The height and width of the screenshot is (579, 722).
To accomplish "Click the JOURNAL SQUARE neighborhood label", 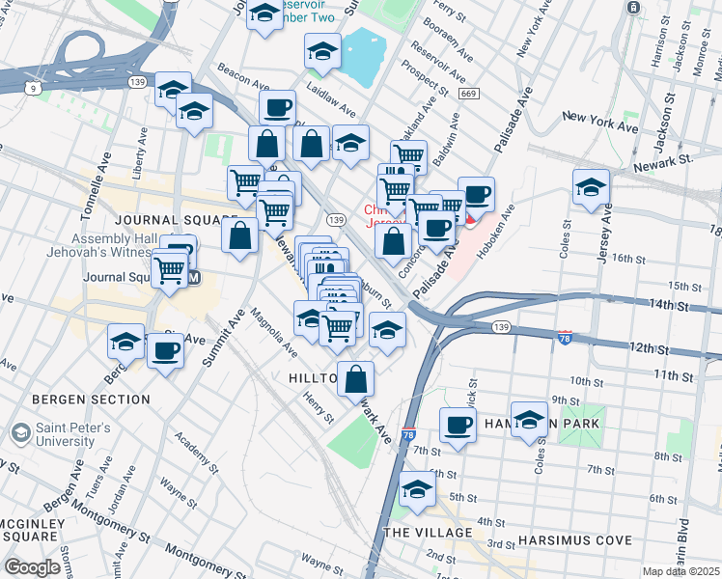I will click(x=175, y=220).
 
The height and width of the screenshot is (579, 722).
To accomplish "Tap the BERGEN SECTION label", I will click(x=91, y=399).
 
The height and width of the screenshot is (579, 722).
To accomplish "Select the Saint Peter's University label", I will click(x=74, y=434).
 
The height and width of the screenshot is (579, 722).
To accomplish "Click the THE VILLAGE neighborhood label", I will click(x=428, y=533).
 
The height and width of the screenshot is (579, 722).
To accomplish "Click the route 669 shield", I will click(x=469, y=94).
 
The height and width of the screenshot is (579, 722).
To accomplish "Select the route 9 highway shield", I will click(x=34, y=89).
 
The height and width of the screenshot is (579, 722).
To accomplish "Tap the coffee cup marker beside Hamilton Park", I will click(x=458, y=425).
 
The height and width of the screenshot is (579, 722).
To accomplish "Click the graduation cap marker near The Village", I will click(x=417, y=489).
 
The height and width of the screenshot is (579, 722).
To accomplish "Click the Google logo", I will click(x=33, y=566).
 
